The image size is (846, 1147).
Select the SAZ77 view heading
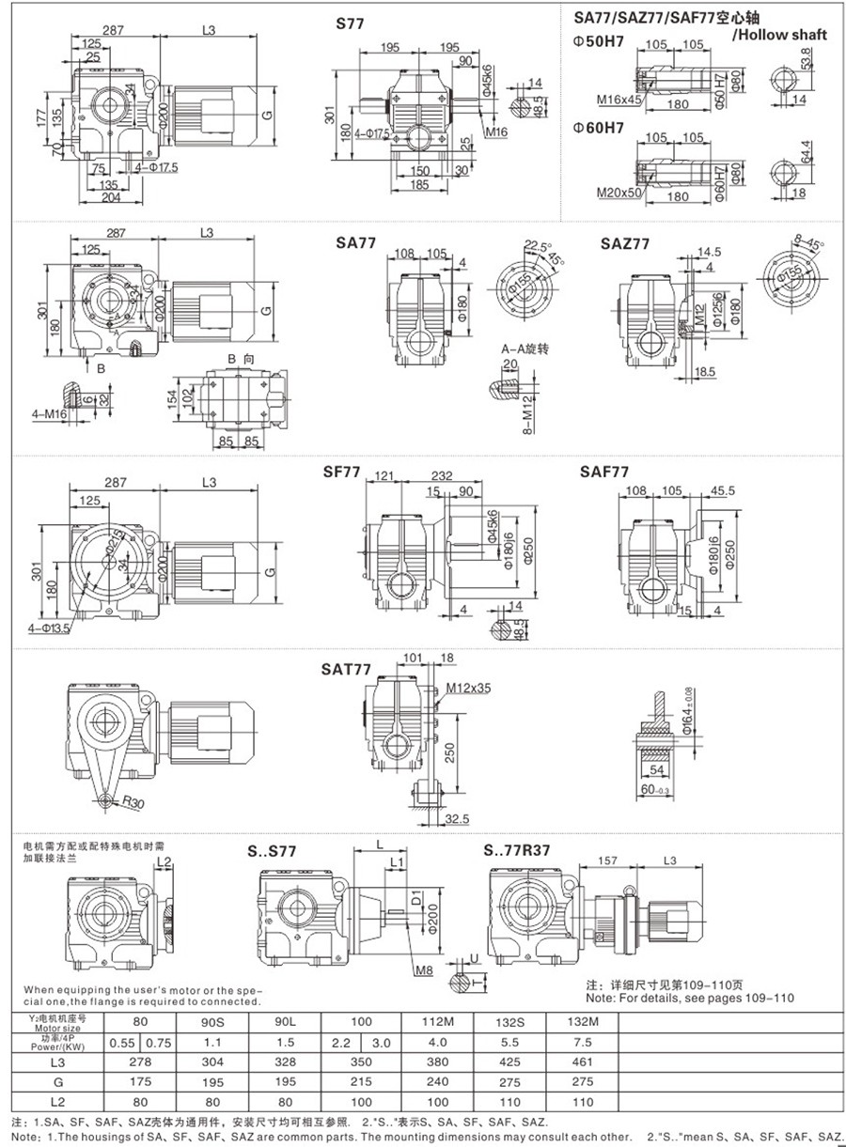click(x=624, y=243)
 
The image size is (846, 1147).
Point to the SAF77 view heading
click(x=604, y=472)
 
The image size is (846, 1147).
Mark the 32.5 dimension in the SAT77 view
click(x=456, y=819)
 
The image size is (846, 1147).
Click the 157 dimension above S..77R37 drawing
click(x=606, y=860)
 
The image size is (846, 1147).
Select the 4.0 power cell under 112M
click(x=438, y=1041)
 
